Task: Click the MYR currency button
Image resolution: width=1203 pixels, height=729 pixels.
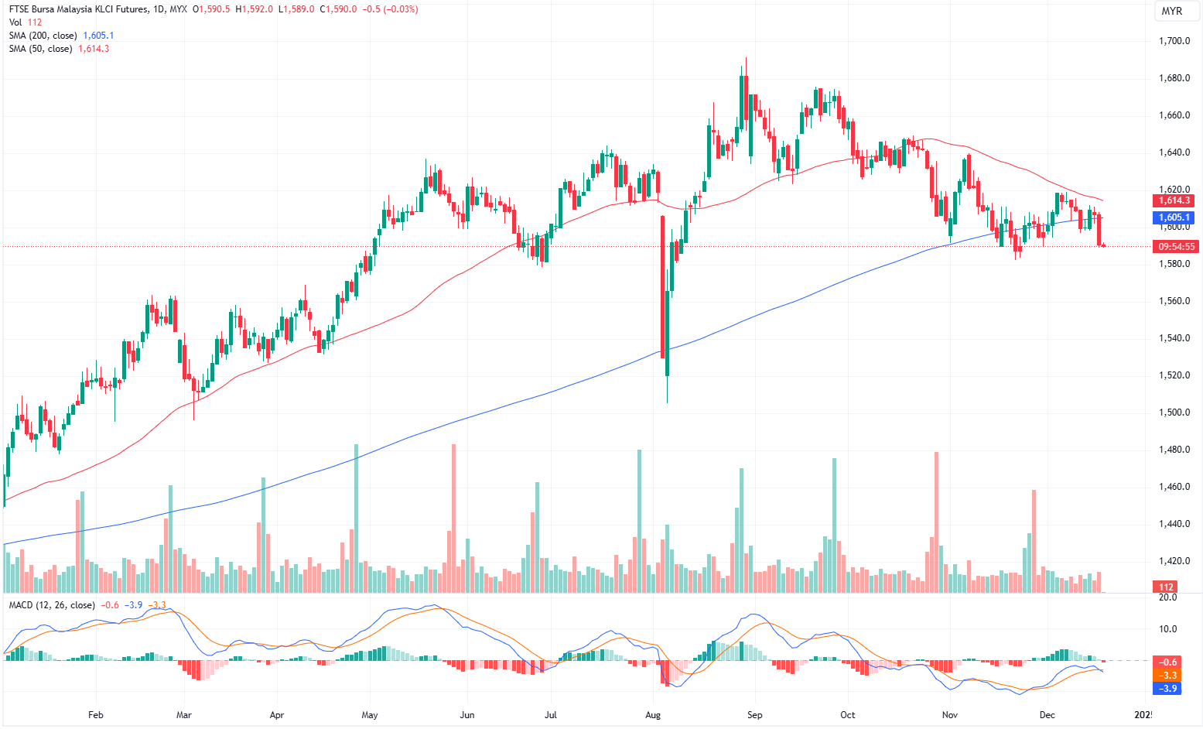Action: click(1172, 11)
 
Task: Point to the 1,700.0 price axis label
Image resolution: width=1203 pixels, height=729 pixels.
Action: click(1174, 41)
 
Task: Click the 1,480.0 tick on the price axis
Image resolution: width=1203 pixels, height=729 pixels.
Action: click(1174, 450)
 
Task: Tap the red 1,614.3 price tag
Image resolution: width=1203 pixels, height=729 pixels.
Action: click(1174, 201)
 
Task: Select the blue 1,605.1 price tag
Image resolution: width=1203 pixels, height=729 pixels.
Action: click(1174, 217)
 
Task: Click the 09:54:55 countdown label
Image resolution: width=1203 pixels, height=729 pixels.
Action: click(1175, 247)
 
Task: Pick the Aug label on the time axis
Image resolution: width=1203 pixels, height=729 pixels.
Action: click(653, 715)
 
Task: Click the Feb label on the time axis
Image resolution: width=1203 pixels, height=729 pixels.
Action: click(96, 715)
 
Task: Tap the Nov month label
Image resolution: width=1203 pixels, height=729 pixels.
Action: click(950, 715)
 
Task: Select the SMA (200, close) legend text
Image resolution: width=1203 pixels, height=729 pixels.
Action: click(43, 36)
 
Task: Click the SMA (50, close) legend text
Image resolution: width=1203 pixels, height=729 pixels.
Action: click(41, 49)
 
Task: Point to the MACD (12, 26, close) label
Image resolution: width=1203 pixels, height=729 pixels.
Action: click(52, 605)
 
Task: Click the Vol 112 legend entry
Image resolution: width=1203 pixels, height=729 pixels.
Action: click(26, 22)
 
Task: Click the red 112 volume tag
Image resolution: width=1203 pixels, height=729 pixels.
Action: click(1166, 587)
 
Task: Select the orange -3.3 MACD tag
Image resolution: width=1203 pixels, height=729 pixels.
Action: click(1167, 676)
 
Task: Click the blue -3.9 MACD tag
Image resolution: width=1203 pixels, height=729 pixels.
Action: click(1167, 688)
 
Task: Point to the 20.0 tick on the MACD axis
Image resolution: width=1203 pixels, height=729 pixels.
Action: click(1167, 597)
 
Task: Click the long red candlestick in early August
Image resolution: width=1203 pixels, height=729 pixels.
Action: click(663, 286)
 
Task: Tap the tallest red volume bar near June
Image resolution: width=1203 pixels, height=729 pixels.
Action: click(453, 519)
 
